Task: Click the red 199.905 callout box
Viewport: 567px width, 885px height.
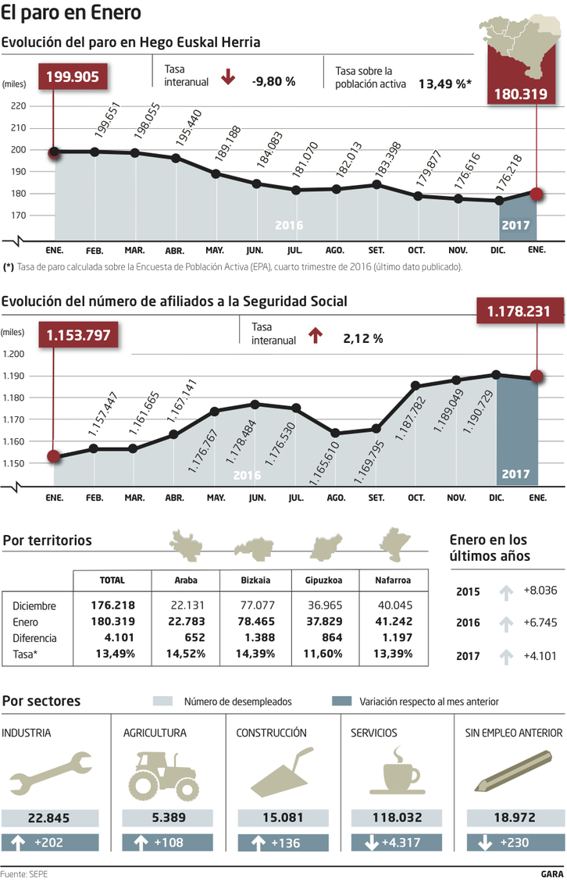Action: [x=73, y=76]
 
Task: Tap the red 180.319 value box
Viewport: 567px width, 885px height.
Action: [x=519, y=95]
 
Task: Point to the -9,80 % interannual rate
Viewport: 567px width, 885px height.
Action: [x=273, y=80]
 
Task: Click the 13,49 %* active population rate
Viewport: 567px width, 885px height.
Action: [x=444, y=82]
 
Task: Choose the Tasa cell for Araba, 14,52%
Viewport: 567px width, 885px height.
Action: [x=184, y=653]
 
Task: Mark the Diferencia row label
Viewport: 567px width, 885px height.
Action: [x=35, y=637]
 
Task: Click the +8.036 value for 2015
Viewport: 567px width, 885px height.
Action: [x=540, y=591]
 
